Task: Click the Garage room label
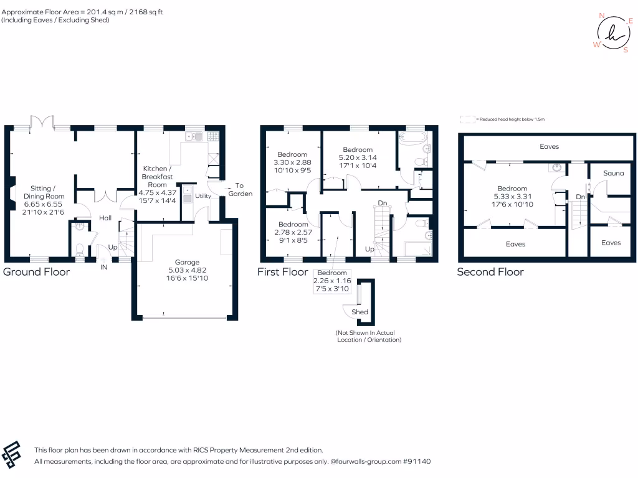click(183, 261)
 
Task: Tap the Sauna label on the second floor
click(613, 173)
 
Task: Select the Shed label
click(359, 312)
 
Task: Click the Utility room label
click(204, 196)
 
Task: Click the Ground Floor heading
click(36, 272)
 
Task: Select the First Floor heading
click(283, 272)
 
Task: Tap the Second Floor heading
click(490, 272)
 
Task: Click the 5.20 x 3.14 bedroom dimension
click(358, 157)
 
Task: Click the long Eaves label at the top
click(550, 147)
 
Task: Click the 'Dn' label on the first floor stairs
click(383, 203)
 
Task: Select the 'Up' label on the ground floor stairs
click(112, 247)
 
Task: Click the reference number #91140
click(416, 462)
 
